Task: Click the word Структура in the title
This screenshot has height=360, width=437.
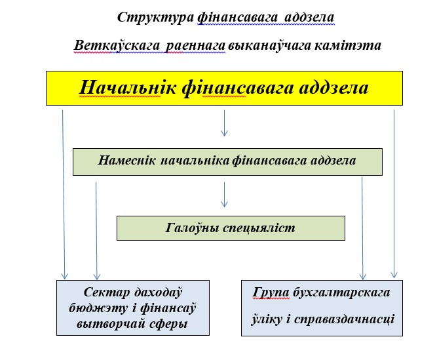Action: (x=155, y=18)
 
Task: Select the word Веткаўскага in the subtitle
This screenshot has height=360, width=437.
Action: (x=117, y=45)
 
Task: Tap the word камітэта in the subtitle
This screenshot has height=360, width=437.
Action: (x=348, y=45)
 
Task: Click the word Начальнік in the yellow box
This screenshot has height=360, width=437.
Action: (x=128, y=88)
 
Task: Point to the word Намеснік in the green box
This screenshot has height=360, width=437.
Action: (x=126, y=161)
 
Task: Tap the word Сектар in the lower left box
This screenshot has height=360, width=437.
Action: (x=106, y=292)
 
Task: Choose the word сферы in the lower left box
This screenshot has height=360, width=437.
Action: (x=168, y=324)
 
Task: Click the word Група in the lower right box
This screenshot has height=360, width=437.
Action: (x=271, y=292)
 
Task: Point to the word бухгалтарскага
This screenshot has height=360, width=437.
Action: (x=341, y=292)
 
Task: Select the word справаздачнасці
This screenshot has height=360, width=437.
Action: (x=345, y=319)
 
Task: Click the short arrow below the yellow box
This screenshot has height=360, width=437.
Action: (x=224, y=123)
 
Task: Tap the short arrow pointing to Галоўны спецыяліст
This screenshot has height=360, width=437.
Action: (x=224, y=195)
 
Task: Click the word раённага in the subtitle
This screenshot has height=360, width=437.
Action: (x=195, y=45)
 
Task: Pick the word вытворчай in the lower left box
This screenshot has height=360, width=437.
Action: (x=111, y=324)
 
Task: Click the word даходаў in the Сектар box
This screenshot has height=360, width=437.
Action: (x=159, y=292)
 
